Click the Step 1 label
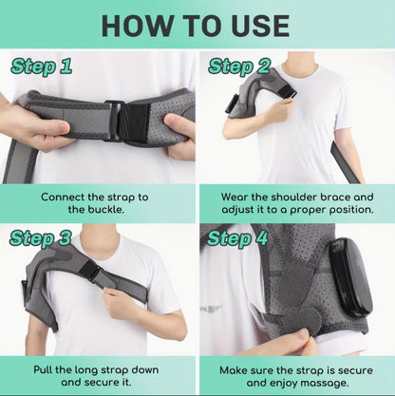(41, 67)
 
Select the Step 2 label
(239, 67)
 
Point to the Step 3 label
(41, 239)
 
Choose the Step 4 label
(237, 239)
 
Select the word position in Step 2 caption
(351, 210)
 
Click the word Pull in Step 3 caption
(44, 369)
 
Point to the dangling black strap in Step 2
(345, 163)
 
